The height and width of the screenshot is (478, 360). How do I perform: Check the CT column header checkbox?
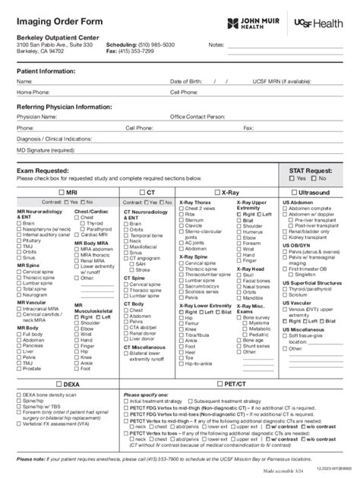pyautogui.click(x=142, y=193)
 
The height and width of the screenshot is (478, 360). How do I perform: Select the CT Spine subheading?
pyautogui.click(x=137, y=278)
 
